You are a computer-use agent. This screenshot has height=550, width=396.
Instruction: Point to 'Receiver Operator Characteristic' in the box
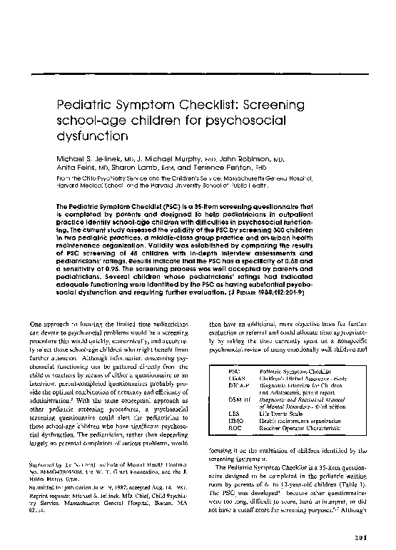pos(296,428)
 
